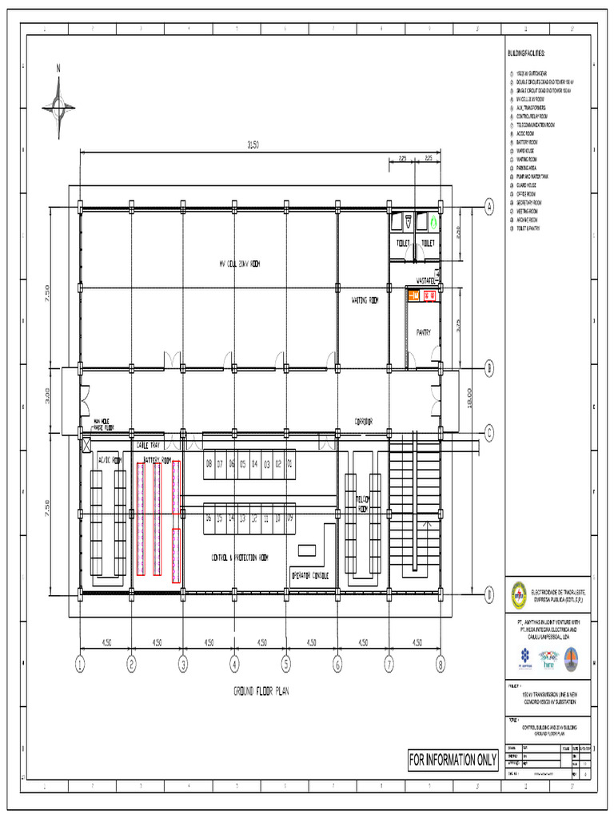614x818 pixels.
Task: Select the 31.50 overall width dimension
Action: (x=253, y=145)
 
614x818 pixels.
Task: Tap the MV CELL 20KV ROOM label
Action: (x=239, y=264)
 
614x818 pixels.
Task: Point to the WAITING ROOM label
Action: (x=364, y=301)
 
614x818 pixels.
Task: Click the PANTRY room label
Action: (x=423, y=332)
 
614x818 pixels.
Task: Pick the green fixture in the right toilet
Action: (x=433, y=218)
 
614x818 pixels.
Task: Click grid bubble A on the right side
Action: (x=488, y=207)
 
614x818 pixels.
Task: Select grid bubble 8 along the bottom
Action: (x=440, y=662)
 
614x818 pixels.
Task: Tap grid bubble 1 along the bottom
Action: (x=80, y=662)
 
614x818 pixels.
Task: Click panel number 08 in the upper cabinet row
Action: (x=209, y=463)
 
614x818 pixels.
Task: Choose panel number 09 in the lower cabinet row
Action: (x=289, y=518)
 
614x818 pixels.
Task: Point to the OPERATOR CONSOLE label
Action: (x=309, y=574)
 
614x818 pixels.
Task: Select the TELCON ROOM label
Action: (x=362, y=503)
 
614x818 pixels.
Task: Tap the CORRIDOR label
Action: (x=365, y=420)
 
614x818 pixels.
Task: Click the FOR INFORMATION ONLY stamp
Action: (x=453, y=759)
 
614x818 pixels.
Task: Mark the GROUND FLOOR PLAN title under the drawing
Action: (x=261, y=691)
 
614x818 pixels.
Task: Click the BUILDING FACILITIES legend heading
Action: (x=525, y=54)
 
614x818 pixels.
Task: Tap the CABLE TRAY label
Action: (x=148, y=445)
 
